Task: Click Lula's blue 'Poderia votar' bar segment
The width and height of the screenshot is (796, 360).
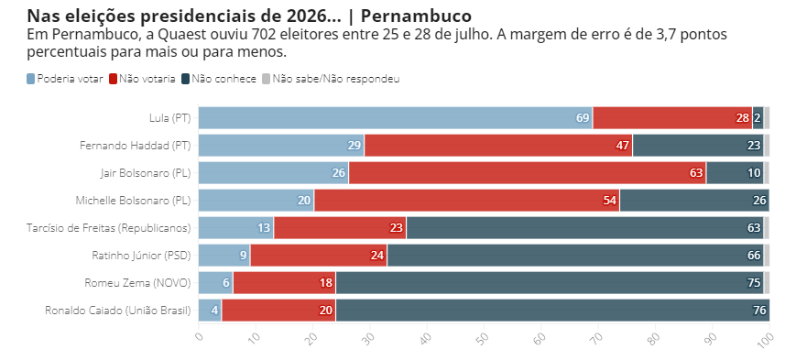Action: point(394,118)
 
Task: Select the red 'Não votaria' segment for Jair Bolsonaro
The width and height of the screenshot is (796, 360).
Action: point(527,173)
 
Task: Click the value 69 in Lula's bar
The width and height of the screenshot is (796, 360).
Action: point(583,118)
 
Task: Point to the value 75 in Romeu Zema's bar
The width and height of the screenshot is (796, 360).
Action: point(754,283)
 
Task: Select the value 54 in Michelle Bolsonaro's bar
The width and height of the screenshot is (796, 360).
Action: point(610,201)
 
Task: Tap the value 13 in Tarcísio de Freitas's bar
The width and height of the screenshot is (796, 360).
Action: point(264,228)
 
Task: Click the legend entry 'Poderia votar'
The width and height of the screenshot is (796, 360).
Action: point(64,79)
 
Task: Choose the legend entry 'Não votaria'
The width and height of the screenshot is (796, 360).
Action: point(142,79)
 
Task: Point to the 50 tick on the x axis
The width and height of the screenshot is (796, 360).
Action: point(483,340)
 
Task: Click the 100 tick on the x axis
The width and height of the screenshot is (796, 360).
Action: point(766,340)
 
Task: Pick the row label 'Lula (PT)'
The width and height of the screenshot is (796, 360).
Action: point(169,118)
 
